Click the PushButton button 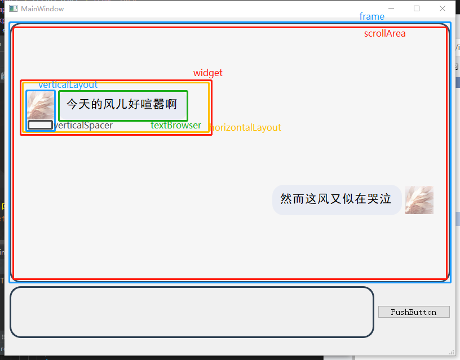[414, 312]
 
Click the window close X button [443, 8]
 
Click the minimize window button [391, 8]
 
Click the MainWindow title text [42, 9]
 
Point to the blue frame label [371, 16]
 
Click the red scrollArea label [384, 33]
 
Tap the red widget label [207, 73]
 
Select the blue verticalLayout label [68, 85]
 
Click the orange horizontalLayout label [245, 127]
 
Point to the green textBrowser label [175, 125]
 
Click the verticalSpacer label [83, 125]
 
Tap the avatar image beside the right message [419, 200]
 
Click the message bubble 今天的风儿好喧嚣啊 [122, 105]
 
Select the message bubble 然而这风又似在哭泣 [337, 199]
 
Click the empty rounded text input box [192, 312]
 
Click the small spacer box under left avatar [40, 125]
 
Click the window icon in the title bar [13, 9]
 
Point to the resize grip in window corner [452, 352]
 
